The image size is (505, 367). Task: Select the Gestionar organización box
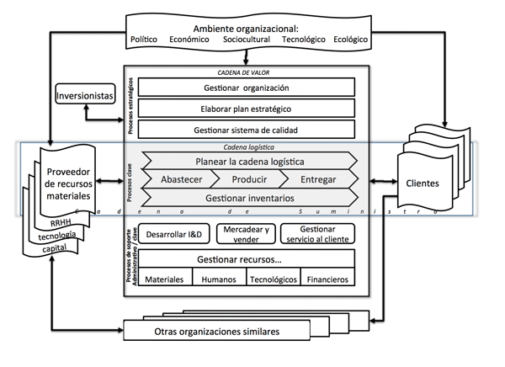click(x=246, y=88)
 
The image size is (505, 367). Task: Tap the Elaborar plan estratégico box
click(x=246, y=109)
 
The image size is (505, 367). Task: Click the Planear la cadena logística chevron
click(x=248, y=161)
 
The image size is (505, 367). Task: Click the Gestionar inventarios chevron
click(x=248, y=198)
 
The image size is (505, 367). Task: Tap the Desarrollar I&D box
click(x=173, y=233)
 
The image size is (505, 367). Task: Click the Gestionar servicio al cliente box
click(x=316, y=233)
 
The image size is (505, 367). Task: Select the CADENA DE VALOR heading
click(x=247, y=72)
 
